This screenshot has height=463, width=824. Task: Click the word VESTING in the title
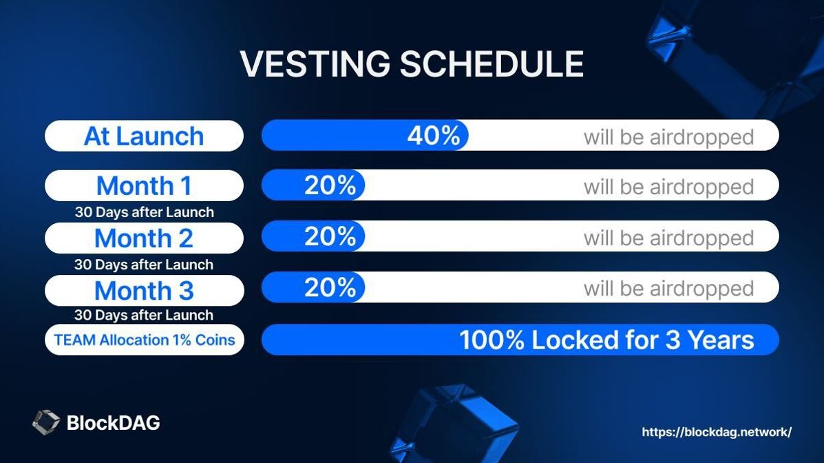(315, 64)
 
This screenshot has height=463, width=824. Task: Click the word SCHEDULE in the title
(492, 64)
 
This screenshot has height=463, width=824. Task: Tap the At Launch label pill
(144, 136)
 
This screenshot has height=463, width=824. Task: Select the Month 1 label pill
(144, 185)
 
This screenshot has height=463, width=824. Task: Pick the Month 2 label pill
(144, 238)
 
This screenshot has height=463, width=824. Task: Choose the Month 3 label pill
(144, 290)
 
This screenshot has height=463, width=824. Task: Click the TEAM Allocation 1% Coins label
(144, 340)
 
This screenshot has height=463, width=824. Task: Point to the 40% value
(434, 136)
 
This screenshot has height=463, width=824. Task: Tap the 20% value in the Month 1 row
(330, 185)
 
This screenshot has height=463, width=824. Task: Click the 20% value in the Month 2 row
(330, 236)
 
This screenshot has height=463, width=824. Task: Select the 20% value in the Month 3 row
(330, 287)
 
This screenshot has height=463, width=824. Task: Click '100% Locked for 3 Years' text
(606, 340)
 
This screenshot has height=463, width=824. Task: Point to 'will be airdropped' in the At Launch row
(668, 137)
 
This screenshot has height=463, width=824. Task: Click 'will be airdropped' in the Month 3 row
(668, 288)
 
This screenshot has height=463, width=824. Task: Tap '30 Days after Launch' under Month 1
(144, 212)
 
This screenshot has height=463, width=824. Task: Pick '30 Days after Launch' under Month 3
(144, 315)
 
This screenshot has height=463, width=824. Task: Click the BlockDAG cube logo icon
(46, 422)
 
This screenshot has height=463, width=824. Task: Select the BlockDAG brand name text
(113, 422)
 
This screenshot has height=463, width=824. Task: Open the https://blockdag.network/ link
(717, 432)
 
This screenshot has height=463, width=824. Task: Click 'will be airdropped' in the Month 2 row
(668, 238)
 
